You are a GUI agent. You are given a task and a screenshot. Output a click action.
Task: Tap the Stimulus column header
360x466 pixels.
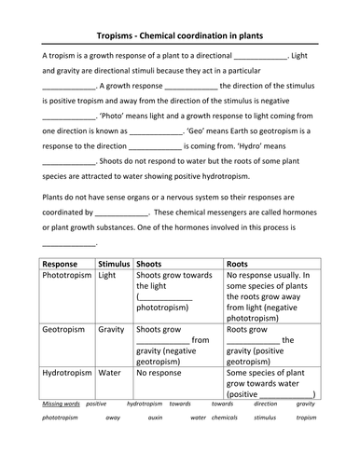[114, 264]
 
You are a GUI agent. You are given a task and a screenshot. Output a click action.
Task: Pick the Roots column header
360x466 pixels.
[241, 264]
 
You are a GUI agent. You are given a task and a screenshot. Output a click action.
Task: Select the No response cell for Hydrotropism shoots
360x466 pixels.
[161, 373]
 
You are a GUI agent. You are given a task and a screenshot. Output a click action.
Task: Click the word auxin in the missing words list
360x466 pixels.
[150, 418]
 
